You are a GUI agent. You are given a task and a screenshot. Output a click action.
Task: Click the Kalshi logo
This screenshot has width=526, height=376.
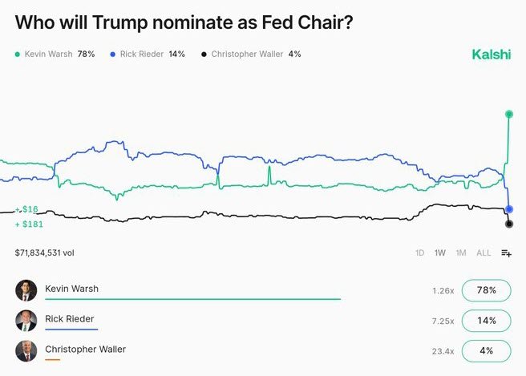tap(491, 55)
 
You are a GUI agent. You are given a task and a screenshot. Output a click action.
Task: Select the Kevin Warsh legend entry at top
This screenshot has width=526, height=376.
tap(55, 55)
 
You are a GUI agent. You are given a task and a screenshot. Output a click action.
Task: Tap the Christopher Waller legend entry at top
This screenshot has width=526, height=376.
tap(250, 55)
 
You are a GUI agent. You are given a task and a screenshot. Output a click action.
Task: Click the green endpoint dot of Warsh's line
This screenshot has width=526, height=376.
tap(508, 114)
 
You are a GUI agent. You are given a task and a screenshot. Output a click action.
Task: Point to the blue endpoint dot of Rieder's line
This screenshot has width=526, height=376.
tap(508, 209)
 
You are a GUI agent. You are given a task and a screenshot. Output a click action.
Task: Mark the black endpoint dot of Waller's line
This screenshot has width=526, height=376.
tap(508, 224)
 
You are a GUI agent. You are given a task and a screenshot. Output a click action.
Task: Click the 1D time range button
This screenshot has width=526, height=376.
tap(419, 253)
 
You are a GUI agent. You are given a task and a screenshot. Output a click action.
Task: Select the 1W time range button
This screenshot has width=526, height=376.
tap(440, 253)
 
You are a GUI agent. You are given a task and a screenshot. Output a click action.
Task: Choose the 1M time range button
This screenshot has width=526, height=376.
tap(461, 253)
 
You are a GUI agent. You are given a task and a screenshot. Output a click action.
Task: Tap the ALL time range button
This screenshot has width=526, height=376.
tap(484, 253)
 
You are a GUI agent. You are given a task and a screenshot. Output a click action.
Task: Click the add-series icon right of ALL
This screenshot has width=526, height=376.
tap(506, 253)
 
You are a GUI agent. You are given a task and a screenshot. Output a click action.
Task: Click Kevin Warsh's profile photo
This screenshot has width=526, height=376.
tap(26, 290)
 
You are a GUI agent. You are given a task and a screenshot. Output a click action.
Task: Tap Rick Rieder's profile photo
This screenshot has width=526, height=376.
tap(26, 321)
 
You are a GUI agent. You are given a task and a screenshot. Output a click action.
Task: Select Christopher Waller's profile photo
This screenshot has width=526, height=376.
tap(26, 351)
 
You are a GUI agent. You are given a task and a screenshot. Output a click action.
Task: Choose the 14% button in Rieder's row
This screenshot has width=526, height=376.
tap(486, 321)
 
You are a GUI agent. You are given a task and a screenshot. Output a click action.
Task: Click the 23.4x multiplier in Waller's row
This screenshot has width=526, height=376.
tap(443, 351)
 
